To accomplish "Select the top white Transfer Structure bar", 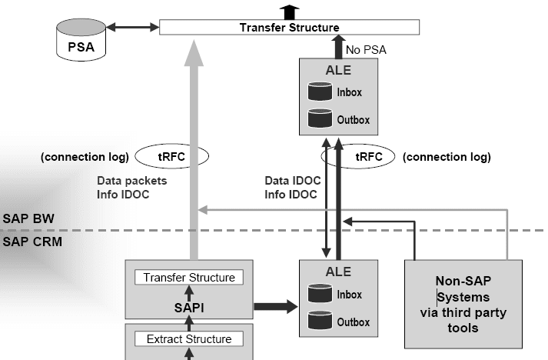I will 289,28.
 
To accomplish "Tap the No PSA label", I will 367,50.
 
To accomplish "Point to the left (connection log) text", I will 84,158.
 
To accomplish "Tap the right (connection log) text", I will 447,158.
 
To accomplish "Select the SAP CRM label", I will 30,241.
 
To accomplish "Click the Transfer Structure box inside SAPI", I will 189,278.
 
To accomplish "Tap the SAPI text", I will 189,308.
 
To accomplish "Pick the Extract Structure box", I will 189,338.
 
